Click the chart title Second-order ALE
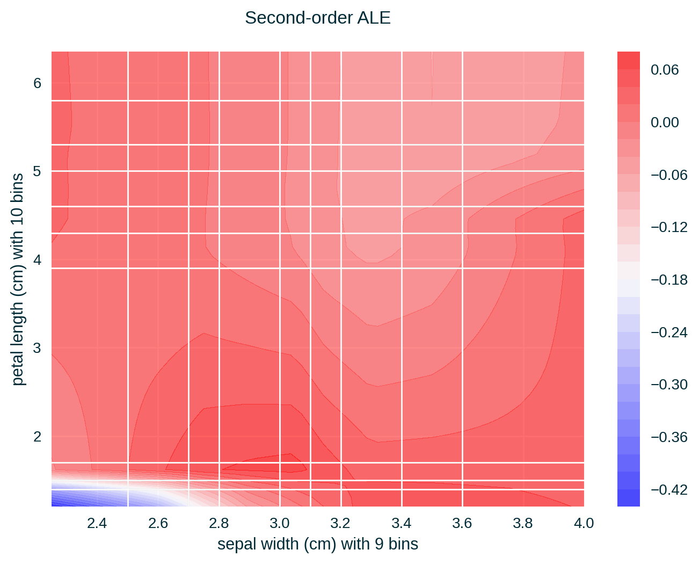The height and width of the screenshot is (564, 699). pos(317,18)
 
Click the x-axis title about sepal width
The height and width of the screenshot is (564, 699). pos(317,544)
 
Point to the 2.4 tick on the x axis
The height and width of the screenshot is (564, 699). pos(97,523)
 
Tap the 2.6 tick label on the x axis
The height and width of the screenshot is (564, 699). pos(158,523)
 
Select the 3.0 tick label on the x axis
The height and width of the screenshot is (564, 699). pos(279,523)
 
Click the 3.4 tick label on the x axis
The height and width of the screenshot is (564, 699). pos(401,523)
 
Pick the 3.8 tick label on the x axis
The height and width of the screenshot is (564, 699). pos(523,523)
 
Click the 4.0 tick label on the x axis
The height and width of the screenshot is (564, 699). pos(584,523)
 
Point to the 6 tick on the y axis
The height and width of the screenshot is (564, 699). pos(37,83)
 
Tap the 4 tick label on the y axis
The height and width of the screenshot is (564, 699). pos(37,260)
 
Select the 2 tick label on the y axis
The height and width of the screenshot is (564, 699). pos(37,436)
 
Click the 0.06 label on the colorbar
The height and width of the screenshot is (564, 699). pos(665,70)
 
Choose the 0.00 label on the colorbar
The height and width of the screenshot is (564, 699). pos(665,122)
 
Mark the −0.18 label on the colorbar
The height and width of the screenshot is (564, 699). pos(669,280)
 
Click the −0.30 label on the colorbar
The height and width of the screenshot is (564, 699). pos(669,385)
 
